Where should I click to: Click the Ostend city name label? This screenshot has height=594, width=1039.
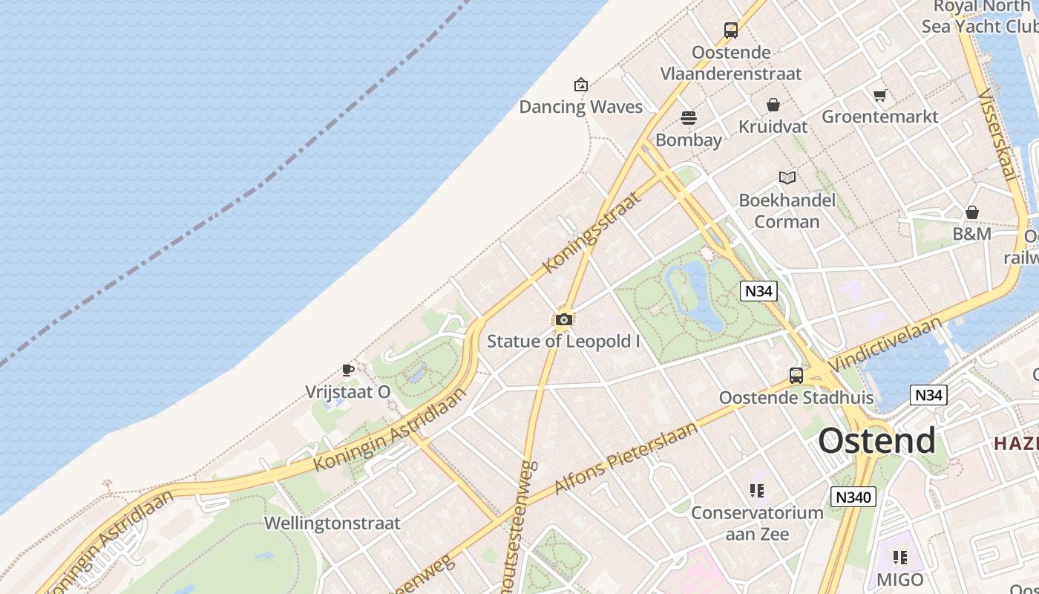point(876,440)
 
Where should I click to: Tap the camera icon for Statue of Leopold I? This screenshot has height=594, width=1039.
point(564,320)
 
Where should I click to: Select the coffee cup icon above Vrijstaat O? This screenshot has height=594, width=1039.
point(347,370)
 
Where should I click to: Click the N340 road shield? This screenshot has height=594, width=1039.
point(853,497)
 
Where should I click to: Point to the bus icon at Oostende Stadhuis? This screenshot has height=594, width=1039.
point(796,375)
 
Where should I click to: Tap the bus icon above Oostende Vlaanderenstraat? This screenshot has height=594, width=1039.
point(731,30)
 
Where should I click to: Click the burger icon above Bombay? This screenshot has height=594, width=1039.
point(689,118)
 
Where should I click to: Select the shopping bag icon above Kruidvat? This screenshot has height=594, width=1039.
point(773,105)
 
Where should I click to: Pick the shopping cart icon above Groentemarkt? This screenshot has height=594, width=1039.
point(880,95)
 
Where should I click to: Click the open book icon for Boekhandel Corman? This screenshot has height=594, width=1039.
point(787,177)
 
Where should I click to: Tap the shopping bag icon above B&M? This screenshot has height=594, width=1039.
point(972,212)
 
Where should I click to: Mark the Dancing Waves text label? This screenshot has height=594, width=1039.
point(580,107)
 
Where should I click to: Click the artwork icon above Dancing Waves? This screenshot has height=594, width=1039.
point(581,85)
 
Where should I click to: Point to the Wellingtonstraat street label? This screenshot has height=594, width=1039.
point(332,523)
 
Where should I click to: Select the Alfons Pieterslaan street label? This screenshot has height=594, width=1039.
point(626,457)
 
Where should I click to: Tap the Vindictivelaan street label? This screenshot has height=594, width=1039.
point(885,344)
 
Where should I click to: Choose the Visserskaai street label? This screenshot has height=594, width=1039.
point(996,134)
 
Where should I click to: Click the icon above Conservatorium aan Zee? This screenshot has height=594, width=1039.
point(757,490)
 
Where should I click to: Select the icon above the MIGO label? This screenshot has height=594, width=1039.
point(900,558)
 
